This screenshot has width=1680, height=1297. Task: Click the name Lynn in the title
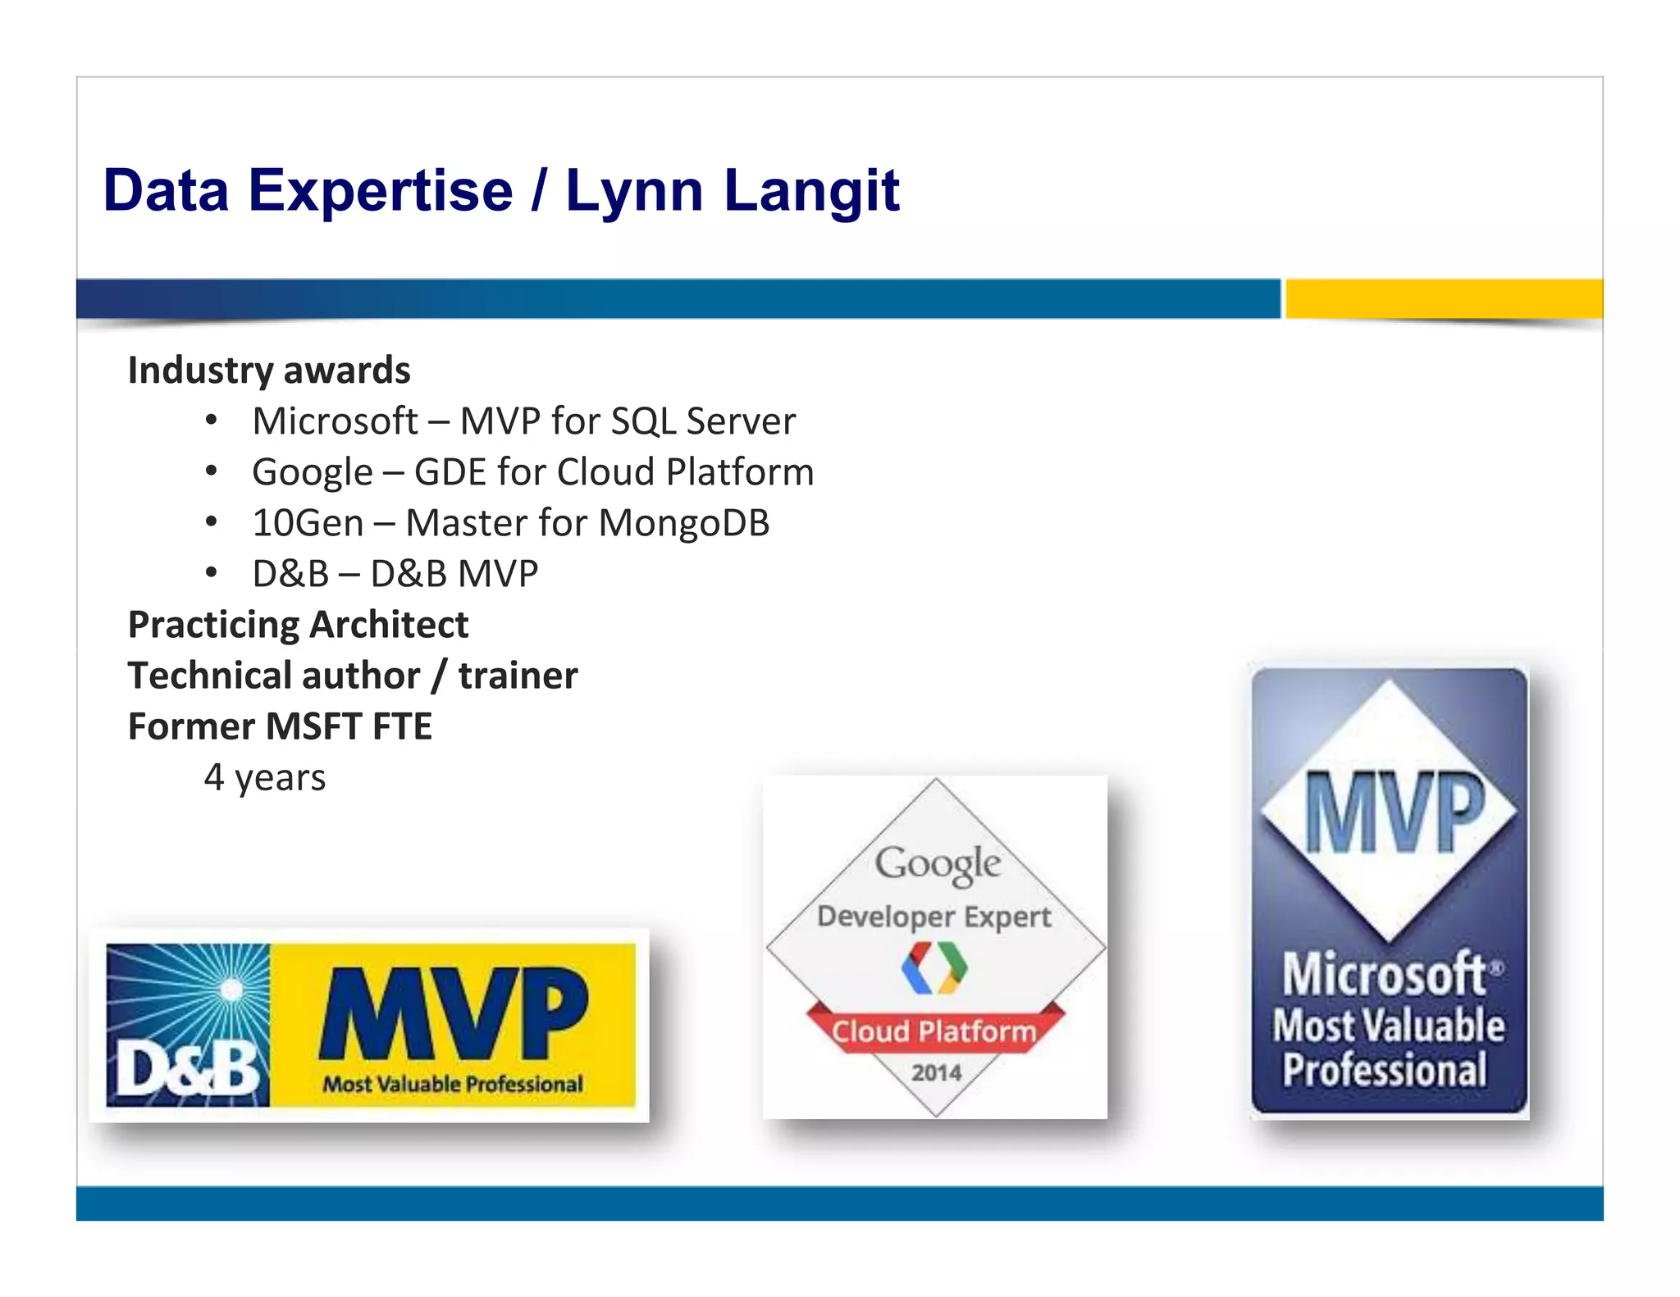coord(634,192)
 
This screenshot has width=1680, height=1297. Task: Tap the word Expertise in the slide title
coord(381,192)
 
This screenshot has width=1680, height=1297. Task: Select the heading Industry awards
coord(269,371)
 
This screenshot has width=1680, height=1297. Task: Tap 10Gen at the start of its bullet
coord(308,523)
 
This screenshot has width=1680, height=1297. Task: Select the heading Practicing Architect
coord(298,625)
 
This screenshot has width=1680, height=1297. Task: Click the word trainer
coord(518,676)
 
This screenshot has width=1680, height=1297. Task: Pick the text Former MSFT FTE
coord(280,726)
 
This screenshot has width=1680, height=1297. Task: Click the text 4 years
coord(264,777)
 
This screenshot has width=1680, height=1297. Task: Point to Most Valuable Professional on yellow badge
coord(453,1084)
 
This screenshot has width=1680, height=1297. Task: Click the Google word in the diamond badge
coord(938,864)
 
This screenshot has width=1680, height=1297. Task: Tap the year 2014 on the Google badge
coord(936,1072)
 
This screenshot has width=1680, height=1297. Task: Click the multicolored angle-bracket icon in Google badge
coord(934,968)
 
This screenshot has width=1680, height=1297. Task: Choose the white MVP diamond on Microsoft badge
coord(1389,811)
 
